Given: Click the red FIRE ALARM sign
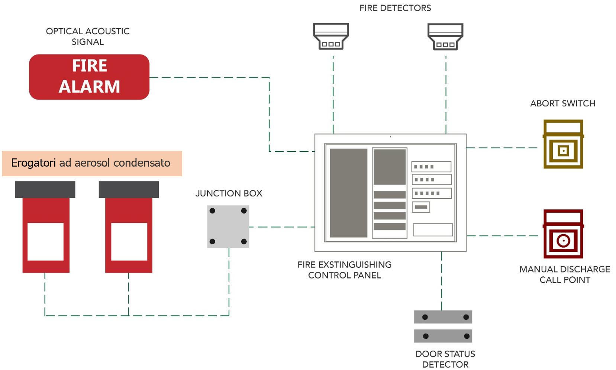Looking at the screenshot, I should click(x=89, y=77).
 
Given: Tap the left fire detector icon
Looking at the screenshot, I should click(x=330, y=36).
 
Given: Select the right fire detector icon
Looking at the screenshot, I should click(x=445, y=36).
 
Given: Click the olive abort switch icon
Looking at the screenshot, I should click(x=563, y=144).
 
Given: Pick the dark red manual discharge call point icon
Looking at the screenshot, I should click(x=563, y=234).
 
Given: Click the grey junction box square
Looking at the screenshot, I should click(x=228, y=226).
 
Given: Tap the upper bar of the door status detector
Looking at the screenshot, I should click(x=443, y=317).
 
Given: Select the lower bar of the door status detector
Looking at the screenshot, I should click(x=443, y=336).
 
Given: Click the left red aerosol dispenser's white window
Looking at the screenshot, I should click(x=45, y=242).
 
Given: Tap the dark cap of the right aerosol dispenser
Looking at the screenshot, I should click(x=129, y=190).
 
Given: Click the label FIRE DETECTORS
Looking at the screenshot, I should click(x=395, y=8).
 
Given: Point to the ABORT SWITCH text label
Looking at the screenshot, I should click(x=562, y=103).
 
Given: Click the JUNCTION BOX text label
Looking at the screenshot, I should click(x=229, y=193).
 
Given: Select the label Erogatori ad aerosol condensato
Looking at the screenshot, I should click(x=91, y=163).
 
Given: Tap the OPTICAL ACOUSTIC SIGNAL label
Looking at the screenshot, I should click(x=88, y=36).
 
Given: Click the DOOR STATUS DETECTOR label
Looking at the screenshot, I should click(x=445, y=359).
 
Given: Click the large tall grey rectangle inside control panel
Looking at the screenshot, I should click(x=348, y=193).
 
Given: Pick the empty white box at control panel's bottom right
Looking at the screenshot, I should click(x=432, y=229).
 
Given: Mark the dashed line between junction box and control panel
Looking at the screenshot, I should click(x=281, y=227).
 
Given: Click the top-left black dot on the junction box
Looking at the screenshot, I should click(x=212, y=211).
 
